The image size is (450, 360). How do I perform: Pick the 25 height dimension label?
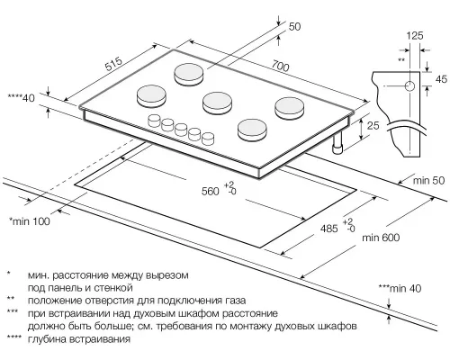pyautogui.click(x=372, y=127)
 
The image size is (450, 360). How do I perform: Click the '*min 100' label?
pyautogui.click(x=31, y=220)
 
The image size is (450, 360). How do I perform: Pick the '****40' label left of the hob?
pyautogui.click(x=20, y=97)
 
